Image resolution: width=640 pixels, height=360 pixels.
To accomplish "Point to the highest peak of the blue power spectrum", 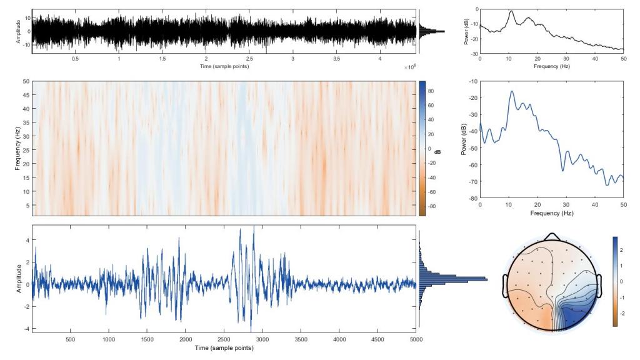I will point(511,92).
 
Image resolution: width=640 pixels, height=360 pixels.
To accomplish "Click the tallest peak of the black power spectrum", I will point(511,11).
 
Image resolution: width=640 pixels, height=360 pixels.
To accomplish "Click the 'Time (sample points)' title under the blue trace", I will point(224,347).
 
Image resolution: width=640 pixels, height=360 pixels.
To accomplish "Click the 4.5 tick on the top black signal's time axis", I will point(379,59).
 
